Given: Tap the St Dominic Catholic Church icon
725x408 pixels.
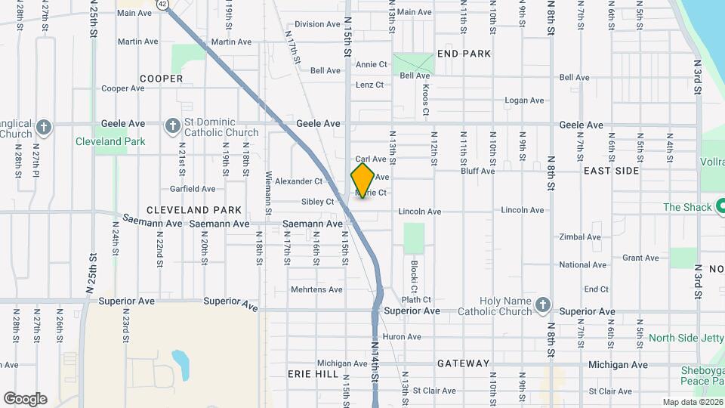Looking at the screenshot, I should click(x=172, y=124).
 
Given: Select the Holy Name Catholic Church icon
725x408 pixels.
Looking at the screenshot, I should click(x=541, y=304).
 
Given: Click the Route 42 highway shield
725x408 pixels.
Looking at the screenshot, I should click(x=164, y=5).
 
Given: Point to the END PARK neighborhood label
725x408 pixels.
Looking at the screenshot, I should click(x=464, y=54).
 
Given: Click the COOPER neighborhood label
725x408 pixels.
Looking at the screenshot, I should click(x=161, y=79).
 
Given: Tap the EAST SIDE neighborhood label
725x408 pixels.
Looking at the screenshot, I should click(x=611, y=171).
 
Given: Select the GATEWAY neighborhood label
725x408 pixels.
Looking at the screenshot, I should click(x=463, y=363).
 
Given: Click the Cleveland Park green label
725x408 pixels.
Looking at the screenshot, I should click(x=110, y=141).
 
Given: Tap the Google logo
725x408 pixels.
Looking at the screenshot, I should click(x=25, y=398).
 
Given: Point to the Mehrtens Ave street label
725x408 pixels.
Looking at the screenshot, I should click(x=316, y=289).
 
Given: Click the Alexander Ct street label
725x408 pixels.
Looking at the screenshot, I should click(x=298, y=181).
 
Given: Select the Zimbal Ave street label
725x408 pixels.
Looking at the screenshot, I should click(x=580, y=237).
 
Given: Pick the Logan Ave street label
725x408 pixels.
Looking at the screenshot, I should click(x=524, y=100).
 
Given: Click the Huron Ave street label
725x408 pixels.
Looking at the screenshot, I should click(x=402, y=337).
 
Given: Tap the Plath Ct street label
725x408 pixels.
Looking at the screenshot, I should click(x=416, y=300).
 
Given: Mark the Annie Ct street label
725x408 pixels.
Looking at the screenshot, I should click(x=371, y=65).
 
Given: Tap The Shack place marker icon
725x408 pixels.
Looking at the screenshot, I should click(x=718, y=207).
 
